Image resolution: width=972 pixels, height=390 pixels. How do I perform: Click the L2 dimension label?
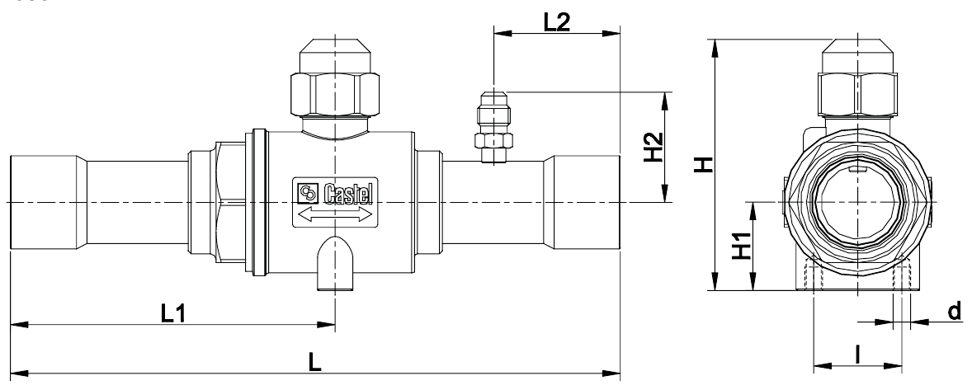[557, 22]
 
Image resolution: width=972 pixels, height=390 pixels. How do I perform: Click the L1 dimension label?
[173, 313]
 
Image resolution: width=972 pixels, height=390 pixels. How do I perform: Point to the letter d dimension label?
[955, 312]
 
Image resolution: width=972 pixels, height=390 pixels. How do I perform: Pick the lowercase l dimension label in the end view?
[857, 355]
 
